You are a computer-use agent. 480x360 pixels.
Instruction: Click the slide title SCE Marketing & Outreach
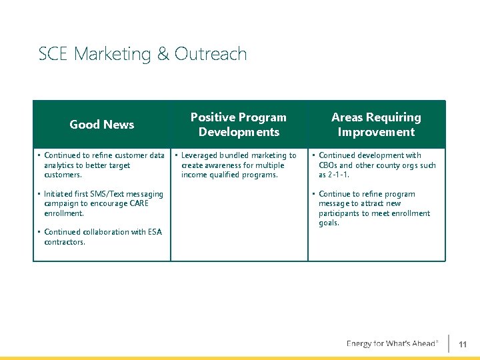(143, 54)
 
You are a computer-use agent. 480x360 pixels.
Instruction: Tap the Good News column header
(102, 125)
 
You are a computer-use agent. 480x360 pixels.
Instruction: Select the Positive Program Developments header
(239, 125)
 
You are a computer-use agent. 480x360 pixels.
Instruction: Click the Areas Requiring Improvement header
(376, 125)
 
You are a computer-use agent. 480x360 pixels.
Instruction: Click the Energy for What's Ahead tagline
(392, 344)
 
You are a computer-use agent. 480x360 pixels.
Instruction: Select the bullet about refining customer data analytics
(104, 165)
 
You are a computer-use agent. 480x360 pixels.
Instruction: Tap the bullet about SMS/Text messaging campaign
(103, 203)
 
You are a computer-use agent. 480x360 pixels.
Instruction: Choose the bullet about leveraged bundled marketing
(239, 165)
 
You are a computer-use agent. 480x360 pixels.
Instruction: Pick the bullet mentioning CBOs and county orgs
(377, 165)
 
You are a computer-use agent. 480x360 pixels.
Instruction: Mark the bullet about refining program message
(374, 208)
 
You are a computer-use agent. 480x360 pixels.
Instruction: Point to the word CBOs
(329, 165)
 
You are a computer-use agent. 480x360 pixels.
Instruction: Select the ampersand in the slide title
(163, 54)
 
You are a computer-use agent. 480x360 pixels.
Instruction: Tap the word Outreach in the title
(211, 54)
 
